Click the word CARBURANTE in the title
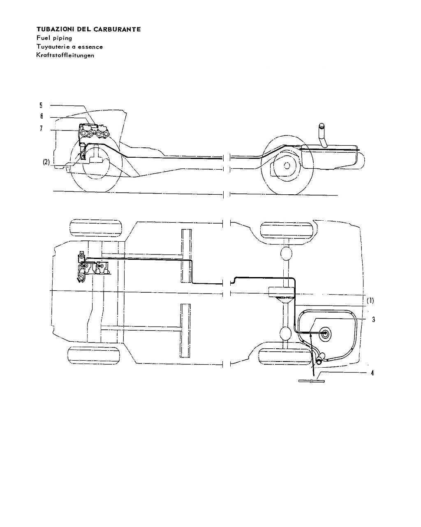pyautogui.click(x=117, y=29)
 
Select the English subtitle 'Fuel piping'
pyautogui.click(x=54, y=38)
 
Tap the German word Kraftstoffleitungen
pyautogui.click(x=65, y=55)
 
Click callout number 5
pyautogui.click(x=41, y=105)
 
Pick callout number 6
pyautogui.click(x=42, y=117)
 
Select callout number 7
pyautogui.click(x=42, y=128)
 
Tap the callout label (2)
pyautogui.click(x=46, y=162)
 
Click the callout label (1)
pyautogui.click(x=370, y=301)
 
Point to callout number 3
pyautogui.click(x=374, y=319)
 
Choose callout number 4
pyautogui.click(x=372, y=373)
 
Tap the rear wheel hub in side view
pyautogui.click(x=287, y=166)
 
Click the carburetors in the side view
pyautogui.click(x=95, y=132)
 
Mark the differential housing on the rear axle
pyautogui.click(x=282, y=292)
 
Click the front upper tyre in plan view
pyautogui.click(x=96, y=228)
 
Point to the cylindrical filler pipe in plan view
pyautogui.click(x=320, y=359)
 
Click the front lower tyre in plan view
pyautogui.click(x=94, y=355)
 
